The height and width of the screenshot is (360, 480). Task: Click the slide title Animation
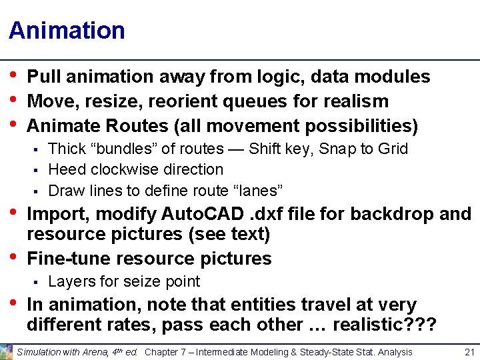67,31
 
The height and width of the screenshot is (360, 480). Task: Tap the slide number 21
469,352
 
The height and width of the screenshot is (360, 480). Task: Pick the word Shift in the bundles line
265,149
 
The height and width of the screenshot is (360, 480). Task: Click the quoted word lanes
261,191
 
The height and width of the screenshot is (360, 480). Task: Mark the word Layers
70,281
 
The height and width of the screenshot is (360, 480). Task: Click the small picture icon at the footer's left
6,352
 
